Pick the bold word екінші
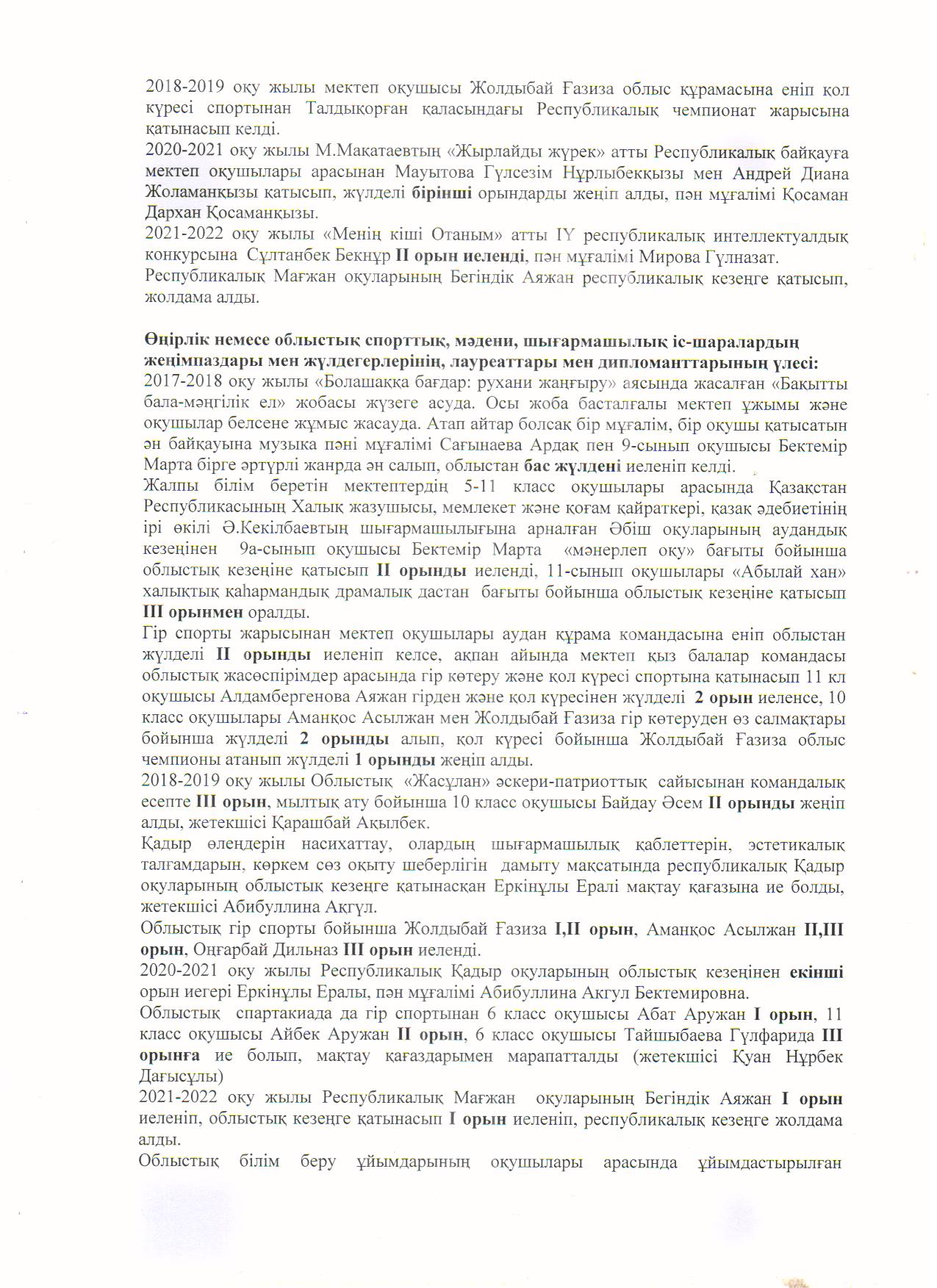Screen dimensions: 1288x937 coord(816,971)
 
